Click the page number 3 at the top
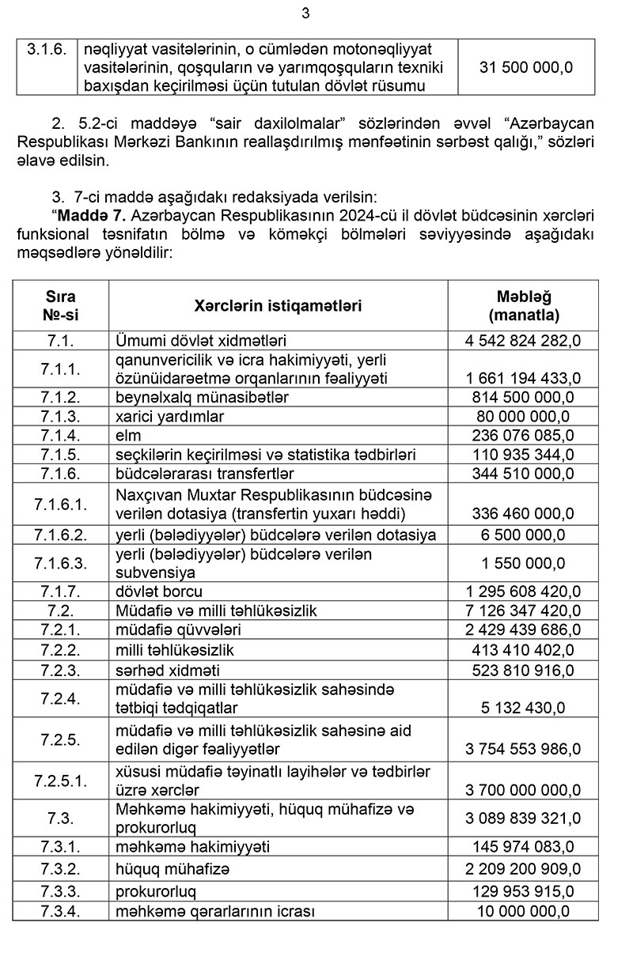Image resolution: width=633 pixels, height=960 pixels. (x=306, y=13)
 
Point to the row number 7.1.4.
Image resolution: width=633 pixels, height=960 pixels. (x=60, y=435)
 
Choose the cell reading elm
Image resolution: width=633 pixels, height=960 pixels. (x=127, y=435)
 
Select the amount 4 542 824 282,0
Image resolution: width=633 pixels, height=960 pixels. (x=523, y=341)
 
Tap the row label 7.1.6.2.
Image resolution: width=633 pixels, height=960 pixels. (x=60, y=535)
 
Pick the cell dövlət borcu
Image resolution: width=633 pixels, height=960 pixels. (x=159, y=591)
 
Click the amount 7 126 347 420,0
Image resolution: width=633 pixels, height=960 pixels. (x=523, y=610)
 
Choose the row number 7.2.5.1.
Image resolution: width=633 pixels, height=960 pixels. (x=60, y=780)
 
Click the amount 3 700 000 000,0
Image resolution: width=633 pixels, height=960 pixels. (x=523, y=789)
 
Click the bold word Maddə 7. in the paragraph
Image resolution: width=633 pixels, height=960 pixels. (x=89, y=215)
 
